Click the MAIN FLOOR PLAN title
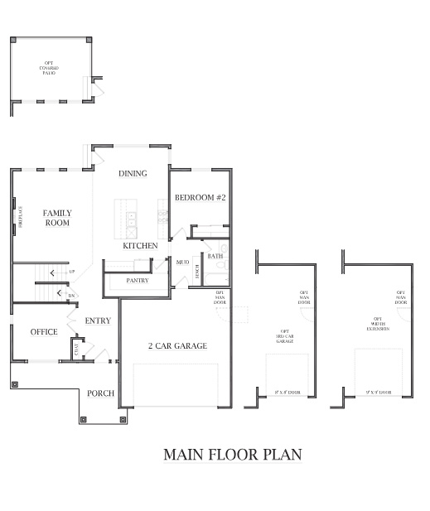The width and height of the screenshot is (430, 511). tap(231, 454)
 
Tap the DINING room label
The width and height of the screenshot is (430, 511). tap(133, 174)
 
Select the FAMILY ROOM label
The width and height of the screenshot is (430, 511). tap(57, 218)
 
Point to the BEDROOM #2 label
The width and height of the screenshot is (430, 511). tap(200, 197)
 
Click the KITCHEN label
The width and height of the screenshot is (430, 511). tap(140, 246)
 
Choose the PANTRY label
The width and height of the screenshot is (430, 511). tap(137, 281)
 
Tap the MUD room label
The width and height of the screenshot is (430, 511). tap(182, 262)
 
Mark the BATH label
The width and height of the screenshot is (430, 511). tap(215, 257)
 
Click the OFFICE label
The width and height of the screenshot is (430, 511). tap(43, 331)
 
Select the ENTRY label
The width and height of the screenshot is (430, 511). tap(97, 321)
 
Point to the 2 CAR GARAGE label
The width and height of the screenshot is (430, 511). tap(177, 345)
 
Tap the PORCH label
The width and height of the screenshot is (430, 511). tap(100, 393)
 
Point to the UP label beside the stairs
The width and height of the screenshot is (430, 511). tap(71, 272)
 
